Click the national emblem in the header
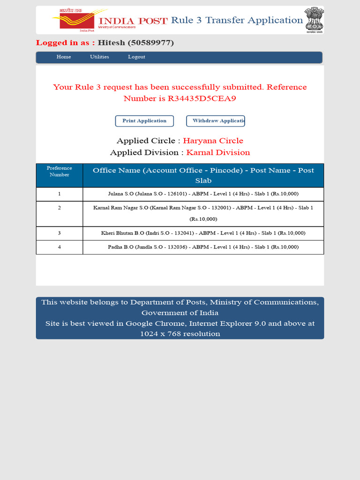[x=314, y=20]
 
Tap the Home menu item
[x=64, y=57]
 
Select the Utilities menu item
[x=99, y=57]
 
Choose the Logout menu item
[x=136, y=57]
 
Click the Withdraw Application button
[x=216, y=121]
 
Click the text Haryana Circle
[x=213, y=141]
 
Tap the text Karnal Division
[x=218, y=153]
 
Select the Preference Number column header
[x=60, y=172]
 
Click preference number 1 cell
[x=60, y=194]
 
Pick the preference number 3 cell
[x=60, y=233]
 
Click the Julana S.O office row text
[x=203, y=194]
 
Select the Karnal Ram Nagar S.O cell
[x=203, y=213]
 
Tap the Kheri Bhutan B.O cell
[x=203, y=233]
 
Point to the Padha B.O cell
[x=203, y=247]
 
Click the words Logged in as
[x=66, y=43]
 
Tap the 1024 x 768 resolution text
[x=180, y=334]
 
